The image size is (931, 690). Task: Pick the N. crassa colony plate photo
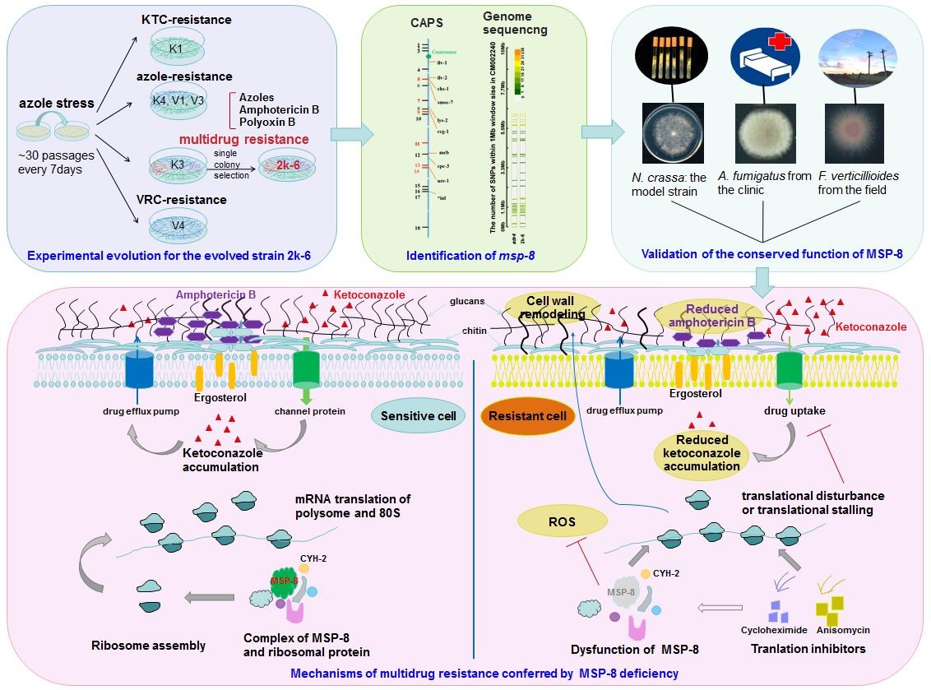click(x=671, y=134)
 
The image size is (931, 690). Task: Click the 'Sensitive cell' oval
click(x=412, y=415)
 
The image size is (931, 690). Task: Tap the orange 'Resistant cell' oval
click(x=527, y=415)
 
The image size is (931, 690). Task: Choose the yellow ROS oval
click(x=563, y=520)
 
